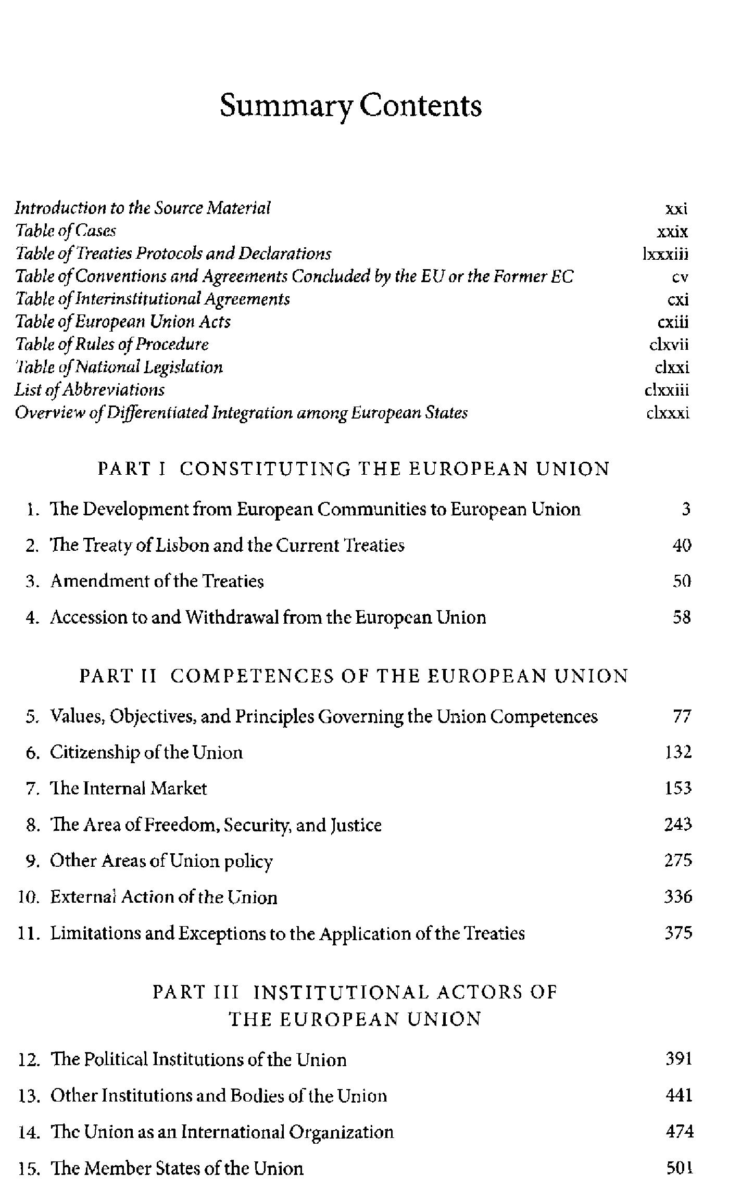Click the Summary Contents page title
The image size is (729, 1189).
tap(350, 106)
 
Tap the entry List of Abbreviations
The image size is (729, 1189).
tap(90, 390)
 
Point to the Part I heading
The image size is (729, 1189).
tap(354, 469)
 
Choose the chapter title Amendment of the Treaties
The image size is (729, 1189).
tap(157, 581)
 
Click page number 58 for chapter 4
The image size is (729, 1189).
tap(681, 617)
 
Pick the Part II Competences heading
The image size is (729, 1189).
tap(354, 676)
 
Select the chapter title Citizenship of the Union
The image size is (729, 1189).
tap(146, 753)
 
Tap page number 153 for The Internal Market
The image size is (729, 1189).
tap(678, 789)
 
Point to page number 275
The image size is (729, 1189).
tap(678, 861)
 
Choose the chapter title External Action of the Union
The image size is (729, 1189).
tap(164, 897)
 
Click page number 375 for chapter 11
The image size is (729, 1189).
tap(678, 933)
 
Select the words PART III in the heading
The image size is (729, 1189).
tap(196, 992)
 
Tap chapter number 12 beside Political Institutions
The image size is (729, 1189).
tap(29, 1060)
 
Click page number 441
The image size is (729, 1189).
tap(679, 1096)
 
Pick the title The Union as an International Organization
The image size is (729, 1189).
tap(222, 1132)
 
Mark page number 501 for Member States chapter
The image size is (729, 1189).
tap(679, 1169)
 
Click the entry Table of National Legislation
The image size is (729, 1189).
tap(119, 368)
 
